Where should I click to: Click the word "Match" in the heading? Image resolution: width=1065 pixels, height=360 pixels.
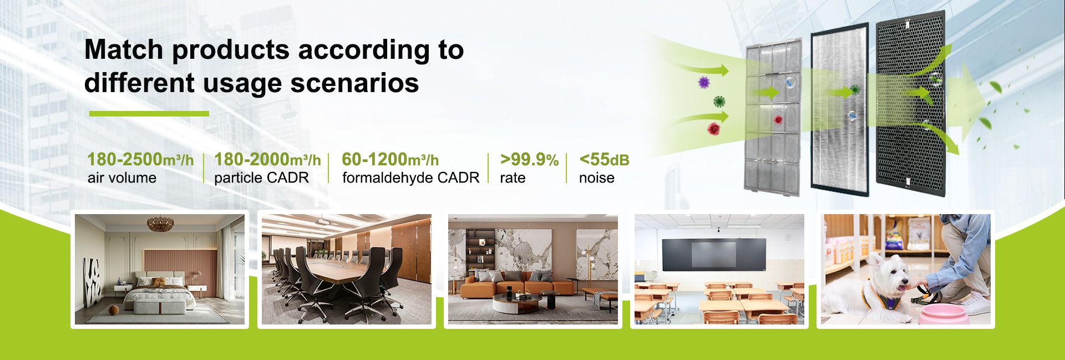pyautogui.click(x=124, y=49)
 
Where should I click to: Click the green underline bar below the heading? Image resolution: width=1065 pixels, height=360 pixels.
pyautogui.click(x=149, y=114)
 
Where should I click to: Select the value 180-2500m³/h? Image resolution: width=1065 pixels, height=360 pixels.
pyautogui.click(x=140, y=160)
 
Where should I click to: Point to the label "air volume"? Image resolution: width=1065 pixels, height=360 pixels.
pyautogui.click(x=122, y=178)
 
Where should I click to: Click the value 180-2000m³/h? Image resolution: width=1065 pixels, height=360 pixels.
pyautogui.click(x=267, y=160)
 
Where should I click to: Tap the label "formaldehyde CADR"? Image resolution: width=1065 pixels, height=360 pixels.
pyautogui.click(x=410, y=178)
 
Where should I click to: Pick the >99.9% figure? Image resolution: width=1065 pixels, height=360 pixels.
pyautogui.click(x=529, y=160)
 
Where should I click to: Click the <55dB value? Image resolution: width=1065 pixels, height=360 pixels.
pyautogui.click(x=604, y=160)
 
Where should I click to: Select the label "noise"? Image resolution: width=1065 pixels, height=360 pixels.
pyautogui.click(x=597, y=178)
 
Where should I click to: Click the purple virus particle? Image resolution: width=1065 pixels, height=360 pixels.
pyautogui.click(x=704, y=83)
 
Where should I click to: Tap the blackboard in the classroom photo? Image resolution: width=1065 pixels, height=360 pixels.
pyautogui.click(x=713, y=254)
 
